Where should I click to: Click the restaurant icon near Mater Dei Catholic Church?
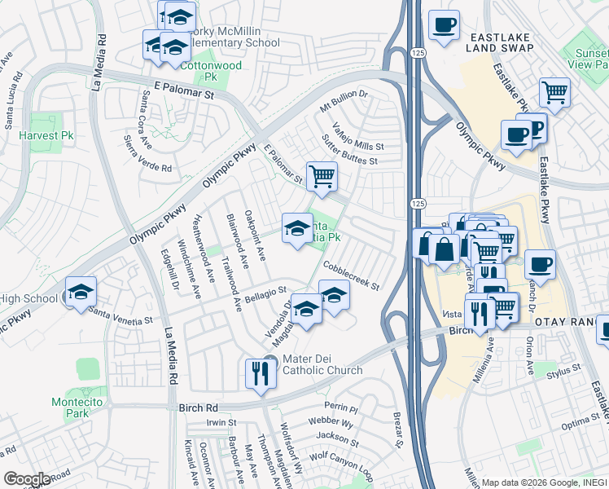(x=260, y=373)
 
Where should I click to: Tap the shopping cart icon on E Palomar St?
(x=322, y=175)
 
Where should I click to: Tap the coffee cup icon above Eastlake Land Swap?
(x=444, y=24)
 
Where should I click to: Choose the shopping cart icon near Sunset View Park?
(x=554, y=91)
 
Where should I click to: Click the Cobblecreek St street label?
(x=351, y=275)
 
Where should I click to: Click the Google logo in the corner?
(x=27, y=478)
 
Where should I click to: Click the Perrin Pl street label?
(x=340, y=406)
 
